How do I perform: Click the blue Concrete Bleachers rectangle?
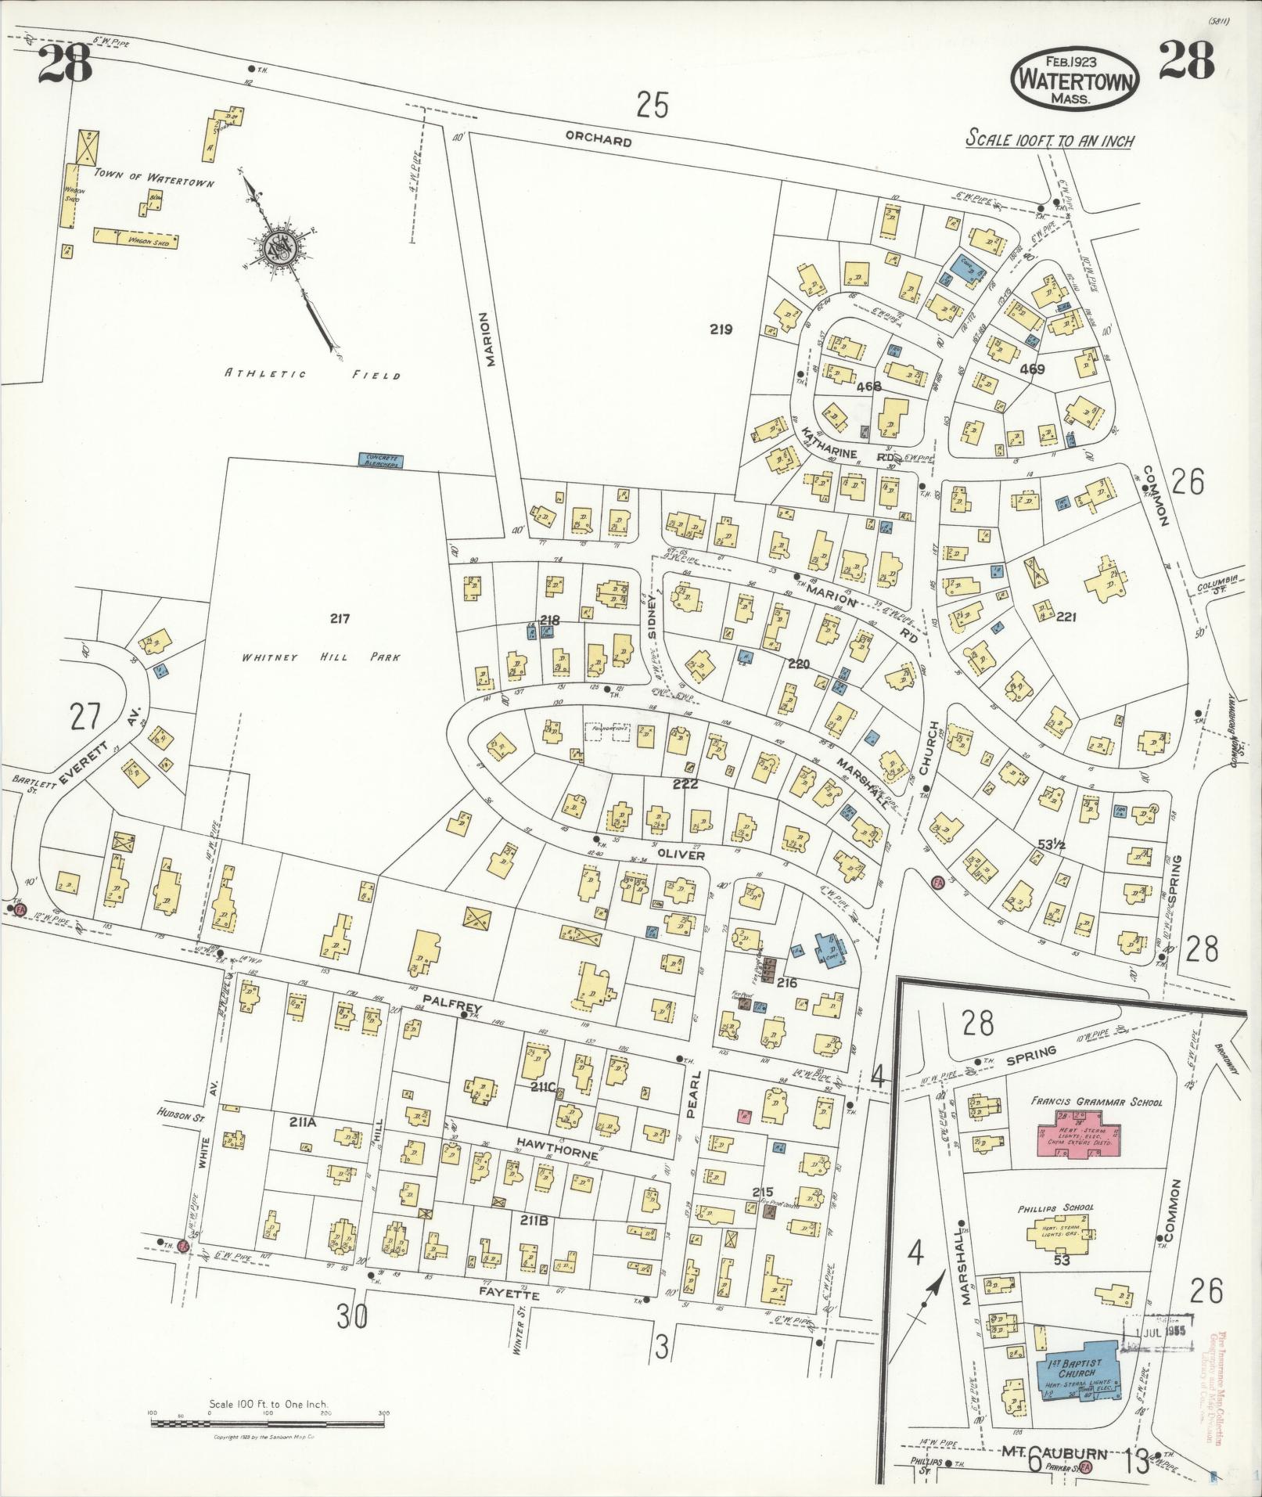pos(379,460)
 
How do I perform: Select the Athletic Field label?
pos(312,375)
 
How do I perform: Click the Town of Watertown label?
pos(153,177)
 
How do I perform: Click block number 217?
pos(339,618)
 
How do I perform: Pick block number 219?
pos(721,329)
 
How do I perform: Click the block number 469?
pos(1033,368)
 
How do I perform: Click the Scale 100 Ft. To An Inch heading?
pos(1049,141)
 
